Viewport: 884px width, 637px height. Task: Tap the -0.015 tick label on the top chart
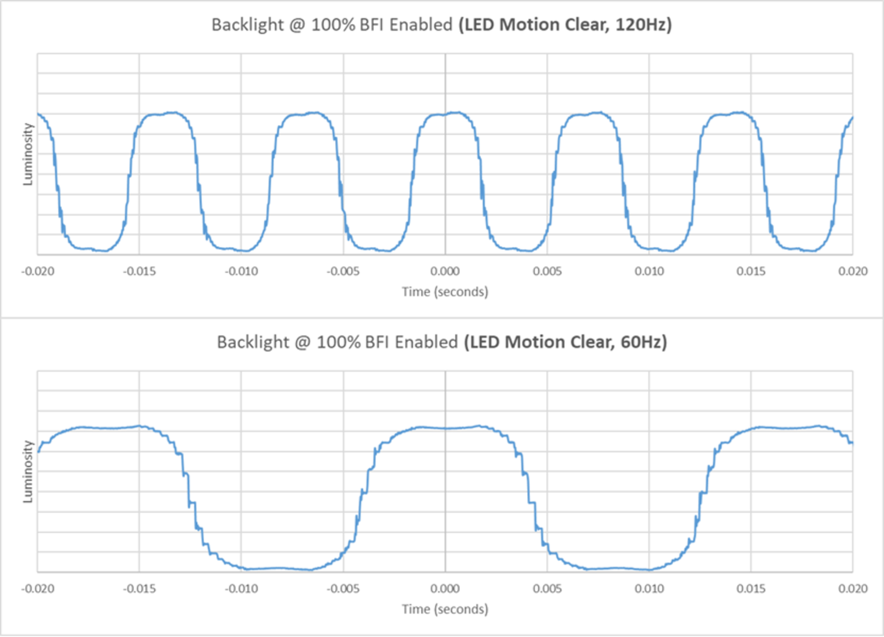(x=139, y=271)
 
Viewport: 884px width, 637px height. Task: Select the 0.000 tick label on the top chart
(x=445, y=271)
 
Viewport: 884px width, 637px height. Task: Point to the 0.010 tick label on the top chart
(x=649, y=271)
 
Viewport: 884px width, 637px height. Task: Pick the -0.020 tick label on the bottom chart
(x=38, y=589)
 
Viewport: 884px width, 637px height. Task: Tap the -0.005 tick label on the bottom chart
(x=343, y=589)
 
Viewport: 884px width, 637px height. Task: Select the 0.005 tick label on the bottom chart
(x=547, y=589)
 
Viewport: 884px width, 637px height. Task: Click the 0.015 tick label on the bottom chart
(x=751, y=589)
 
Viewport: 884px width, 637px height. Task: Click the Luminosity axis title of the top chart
(x=28, y=154)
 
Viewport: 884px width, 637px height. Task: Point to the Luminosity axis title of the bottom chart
(x=28, y=472)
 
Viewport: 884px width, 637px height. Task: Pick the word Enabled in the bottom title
(x=426, y=342)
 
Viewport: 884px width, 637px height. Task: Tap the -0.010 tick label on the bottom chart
(x=241, y=589)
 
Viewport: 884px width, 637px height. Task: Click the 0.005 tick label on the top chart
(x=547, y=271)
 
